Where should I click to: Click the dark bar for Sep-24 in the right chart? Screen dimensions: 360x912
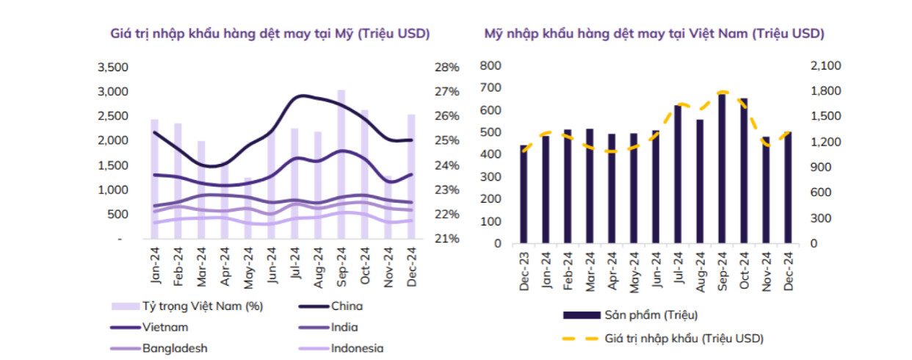(x=722, y=168)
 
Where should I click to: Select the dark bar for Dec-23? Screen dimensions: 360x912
(x=524, y=194)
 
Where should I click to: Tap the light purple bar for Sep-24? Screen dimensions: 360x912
(x=341, y=165)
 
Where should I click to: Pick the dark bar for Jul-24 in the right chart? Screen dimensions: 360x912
(x=678, y=174)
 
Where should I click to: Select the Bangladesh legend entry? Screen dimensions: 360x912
(x=171, y=348)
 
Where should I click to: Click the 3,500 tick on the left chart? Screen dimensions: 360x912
(x=112, y=67)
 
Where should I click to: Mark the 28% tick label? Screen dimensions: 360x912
(x=446, y=67)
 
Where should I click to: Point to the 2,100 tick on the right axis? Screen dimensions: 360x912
(x=826, y=65)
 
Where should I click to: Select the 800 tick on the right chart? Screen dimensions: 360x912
(x=491, y=65)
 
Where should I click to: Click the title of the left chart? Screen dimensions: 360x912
(x=269, y=34)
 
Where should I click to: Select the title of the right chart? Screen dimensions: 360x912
(x=654, y=34)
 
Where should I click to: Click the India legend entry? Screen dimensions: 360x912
(x=344, y=328)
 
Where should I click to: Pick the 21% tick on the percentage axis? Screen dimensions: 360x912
(x=446, y=239)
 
